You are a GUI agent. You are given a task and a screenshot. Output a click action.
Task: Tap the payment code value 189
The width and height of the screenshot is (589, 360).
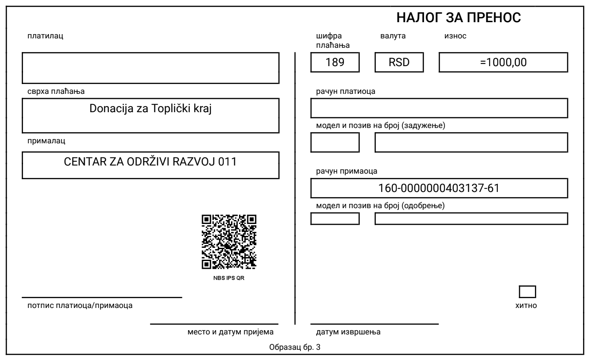[335, 63]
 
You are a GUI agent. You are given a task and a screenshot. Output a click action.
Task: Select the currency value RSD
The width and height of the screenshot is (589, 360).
[399, 63]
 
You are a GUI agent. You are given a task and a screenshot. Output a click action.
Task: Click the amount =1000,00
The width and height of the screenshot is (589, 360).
[503, 63]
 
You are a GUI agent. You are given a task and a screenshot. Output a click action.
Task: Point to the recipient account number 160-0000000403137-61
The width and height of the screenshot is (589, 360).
[439, 189]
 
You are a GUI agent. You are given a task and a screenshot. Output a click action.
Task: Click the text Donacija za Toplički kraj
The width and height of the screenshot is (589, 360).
[150, 108]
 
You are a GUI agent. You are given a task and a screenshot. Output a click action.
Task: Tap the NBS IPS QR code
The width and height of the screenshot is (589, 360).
[229, 242]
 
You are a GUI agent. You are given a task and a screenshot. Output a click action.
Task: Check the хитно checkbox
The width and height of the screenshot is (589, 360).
[527, 292]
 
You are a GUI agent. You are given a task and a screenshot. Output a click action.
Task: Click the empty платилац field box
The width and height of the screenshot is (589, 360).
[150, 68]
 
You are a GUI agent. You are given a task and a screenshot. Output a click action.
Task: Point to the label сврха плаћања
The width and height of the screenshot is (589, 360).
[56, 92]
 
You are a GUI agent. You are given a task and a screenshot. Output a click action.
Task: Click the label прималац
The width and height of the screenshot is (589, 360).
[46, 140]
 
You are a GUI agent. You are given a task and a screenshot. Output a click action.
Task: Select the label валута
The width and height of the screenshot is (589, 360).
[393, 36]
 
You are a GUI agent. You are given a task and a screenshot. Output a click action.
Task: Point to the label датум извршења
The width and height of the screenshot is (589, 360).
[348, 332]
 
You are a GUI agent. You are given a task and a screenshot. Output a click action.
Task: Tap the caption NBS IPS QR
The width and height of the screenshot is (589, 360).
[229, 278]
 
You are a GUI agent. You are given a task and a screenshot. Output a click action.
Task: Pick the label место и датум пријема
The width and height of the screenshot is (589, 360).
[230, 332]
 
